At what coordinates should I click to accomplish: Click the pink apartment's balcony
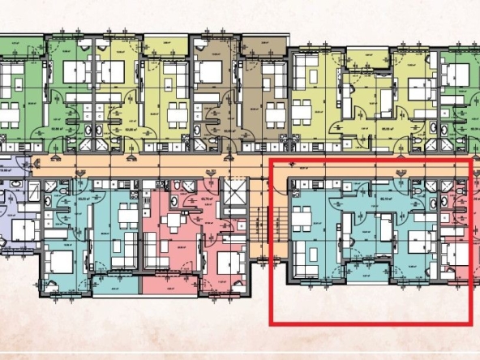pos(168,284)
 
